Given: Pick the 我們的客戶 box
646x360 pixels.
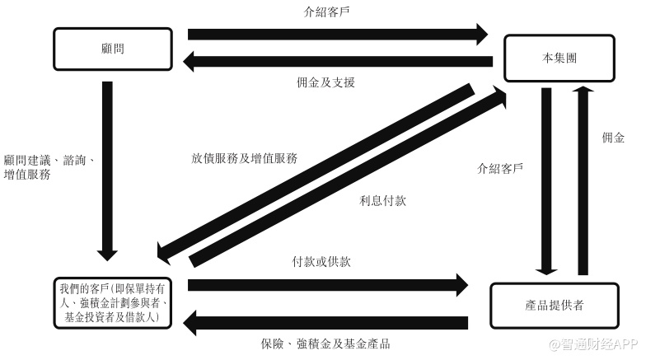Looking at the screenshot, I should click(x=114, y=304).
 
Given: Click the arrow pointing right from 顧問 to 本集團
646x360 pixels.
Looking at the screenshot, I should click(x=338, y=34).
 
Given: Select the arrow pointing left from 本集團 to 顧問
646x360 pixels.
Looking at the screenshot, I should click(x=338, y=61).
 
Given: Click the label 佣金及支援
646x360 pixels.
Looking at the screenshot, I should click(x=325, y=82).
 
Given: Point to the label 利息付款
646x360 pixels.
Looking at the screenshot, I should click(x=382, y=200).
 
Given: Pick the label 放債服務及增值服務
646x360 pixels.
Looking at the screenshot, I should click(x=244, y=157).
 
